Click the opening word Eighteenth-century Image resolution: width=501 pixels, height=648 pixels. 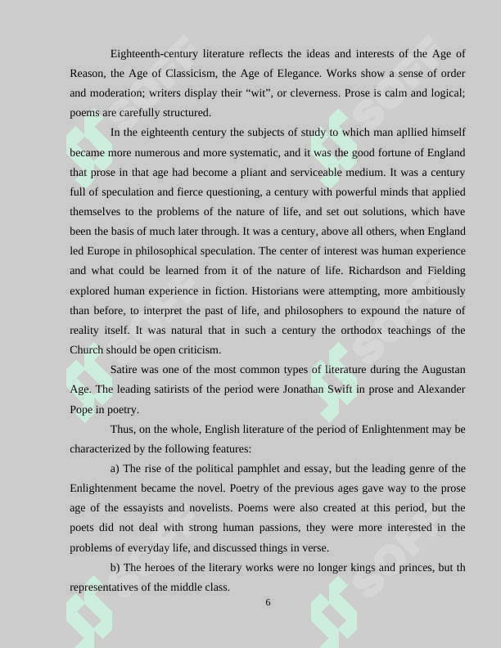coord(155,54)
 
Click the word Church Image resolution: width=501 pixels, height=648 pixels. coord(86,350)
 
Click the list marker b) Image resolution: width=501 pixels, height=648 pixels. coord(115,567)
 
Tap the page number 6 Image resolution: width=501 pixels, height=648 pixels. coord(268,603)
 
